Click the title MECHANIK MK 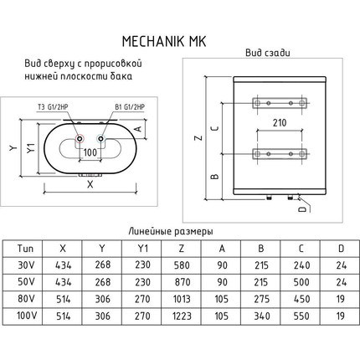(179, 39)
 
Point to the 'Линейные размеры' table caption (171, 230)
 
